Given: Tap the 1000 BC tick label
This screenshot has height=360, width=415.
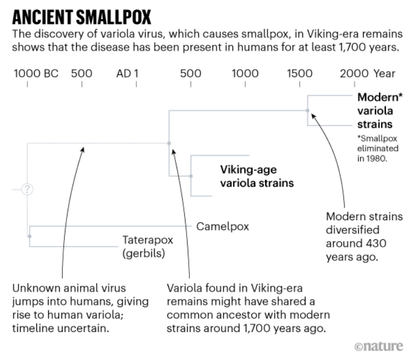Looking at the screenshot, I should click(x=35, y=73).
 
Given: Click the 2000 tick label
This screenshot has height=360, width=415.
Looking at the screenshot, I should click(x=354, y=73).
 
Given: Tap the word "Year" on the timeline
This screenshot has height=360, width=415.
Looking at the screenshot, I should click(x=385, y=73).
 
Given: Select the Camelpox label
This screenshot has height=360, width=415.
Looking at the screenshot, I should click(x=222, y=227).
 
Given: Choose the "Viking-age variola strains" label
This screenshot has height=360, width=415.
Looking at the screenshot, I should click(x=256, y=176).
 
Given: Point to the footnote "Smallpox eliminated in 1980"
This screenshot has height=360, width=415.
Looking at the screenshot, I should click(x=378, y=149).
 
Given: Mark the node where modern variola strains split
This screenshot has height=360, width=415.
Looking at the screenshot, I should click(x=307, y=111).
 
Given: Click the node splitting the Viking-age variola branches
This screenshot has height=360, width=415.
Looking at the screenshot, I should click(x=191, y=176).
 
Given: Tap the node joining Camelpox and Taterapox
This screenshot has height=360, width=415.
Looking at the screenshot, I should click(x=28, y=236).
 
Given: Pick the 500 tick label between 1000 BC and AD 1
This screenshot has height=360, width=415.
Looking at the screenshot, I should click(x=82, y=73).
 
